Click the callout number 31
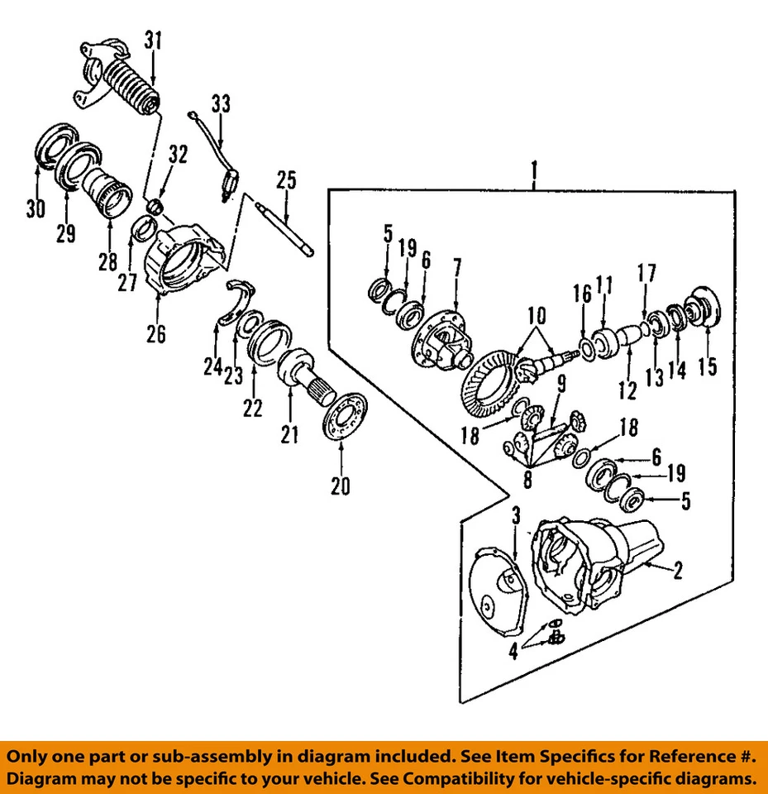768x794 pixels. (154, 40)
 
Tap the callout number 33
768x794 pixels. (220, 104)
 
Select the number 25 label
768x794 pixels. (286, 179)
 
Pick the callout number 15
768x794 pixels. (708, 365)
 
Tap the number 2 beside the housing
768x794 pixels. (677, 572)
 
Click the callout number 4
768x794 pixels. (513, 651)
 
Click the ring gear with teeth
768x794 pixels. (488, 380)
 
